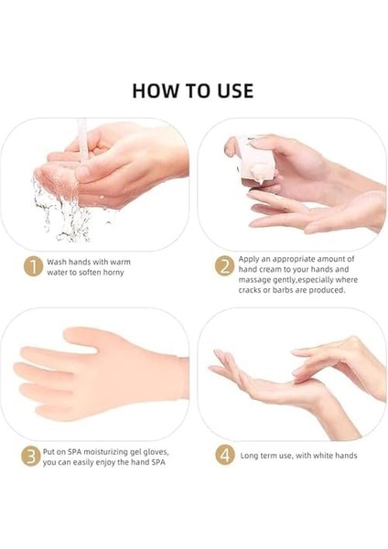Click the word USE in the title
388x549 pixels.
pyautogui.click(x=235, y=91)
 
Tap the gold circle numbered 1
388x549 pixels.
pyautogui.click(x=33, y=267)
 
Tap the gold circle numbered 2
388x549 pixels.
pyautogui.click(x=224, y=266)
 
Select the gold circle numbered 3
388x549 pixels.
pyautogui.click(x=30, y=457)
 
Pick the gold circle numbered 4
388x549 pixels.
pyautogui.click(x=224, y=455)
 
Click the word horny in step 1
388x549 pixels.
pyautogui.click(x=113, y=273)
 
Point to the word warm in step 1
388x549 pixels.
pyautogui.click(x=120, y=262)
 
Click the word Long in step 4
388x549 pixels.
pyautogui.click(x=249, y=456)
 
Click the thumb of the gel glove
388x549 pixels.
pyautogui.click(x=80, y=336)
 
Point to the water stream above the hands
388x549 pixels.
pyautogui.click(x=82, y=140)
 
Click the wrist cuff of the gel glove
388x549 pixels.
pyautogui.click(x=182, y=378)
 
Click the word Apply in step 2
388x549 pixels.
pyautogui.click(x=248, y=260)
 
